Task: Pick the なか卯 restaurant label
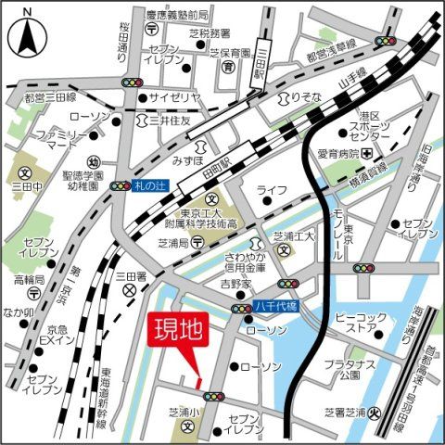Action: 19,311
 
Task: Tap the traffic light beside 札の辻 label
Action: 120,186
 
